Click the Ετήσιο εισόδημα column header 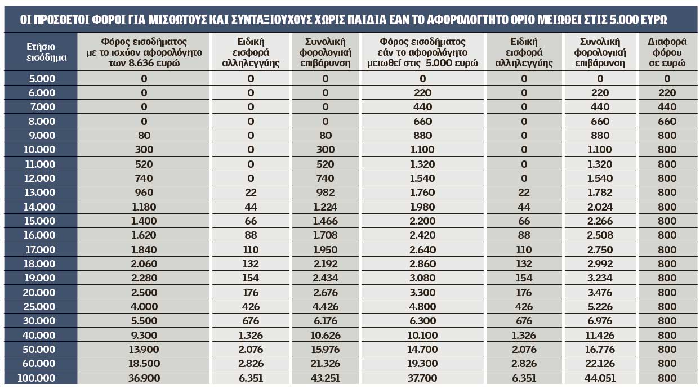coord(46,52)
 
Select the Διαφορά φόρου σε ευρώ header coord(667,52)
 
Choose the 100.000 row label coord(36,378)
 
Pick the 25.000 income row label coord(39,306)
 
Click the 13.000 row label coord(39,192)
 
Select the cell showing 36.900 coord(144,378)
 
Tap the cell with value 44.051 coord(600,378)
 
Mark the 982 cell coord(326,192)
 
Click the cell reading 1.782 coord(600,192)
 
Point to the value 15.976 coord(326,350)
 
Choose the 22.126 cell coord(600,363)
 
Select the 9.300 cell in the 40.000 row coord(144,336)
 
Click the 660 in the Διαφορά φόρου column coord(667,121)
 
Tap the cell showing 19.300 coord(422,363)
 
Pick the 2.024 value coord(600,207)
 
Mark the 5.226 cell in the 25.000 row coord(600,306)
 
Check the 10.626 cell coord(326,336)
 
